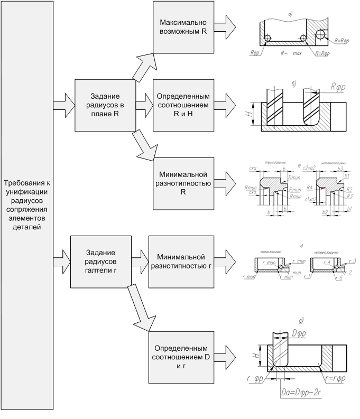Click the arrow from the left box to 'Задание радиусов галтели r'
pos(62,257)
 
